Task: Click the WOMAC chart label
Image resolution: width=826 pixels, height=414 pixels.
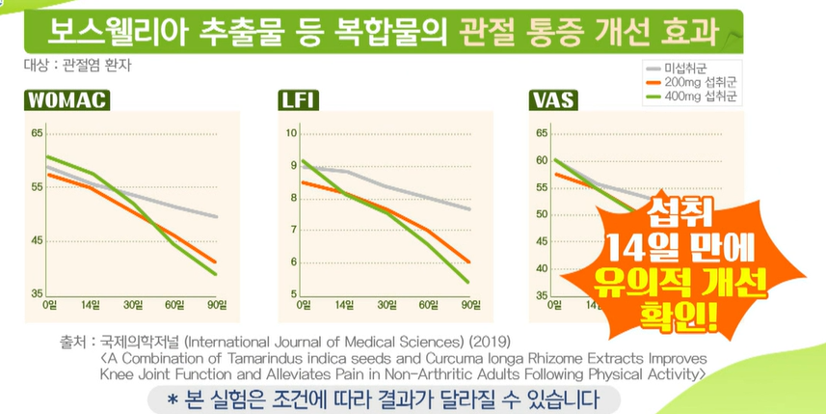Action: tap(66, 100)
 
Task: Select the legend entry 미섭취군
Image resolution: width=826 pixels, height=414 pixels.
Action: tap(688, 69)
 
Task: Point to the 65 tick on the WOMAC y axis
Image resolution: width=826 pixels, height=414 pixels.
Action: tap(36, 133)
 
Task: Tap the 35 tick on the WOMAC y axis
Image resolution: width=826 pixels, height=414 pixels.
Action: tap(36, 293)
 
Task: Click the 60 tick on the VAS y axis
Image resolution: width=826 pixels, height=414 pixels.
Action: tap(541, 160)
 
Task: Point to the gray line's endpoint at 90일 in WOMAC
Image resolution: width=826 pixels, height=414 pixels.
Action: tap(216, 216)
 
